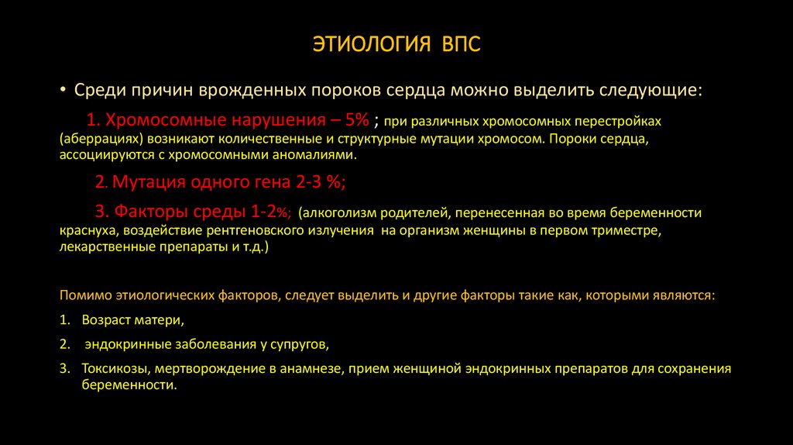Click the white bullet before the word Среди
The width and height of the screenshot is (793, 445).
pyautogui.click(x=64, y=90)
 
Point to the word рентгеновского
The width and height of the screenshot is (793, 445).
pyautogui.click(x=269, y=231)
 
